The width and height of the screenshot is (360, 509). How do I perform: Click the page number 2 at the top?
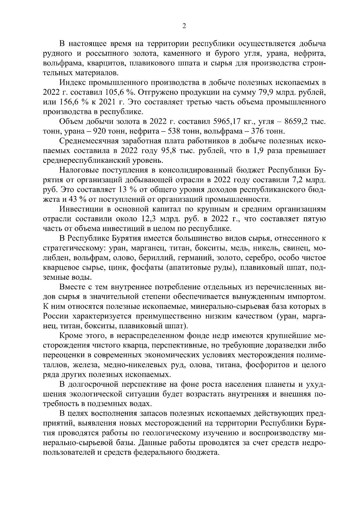click(x=184, y=26)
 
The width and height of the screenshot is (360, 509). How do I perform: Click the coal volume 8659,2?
click(x=296, y=121)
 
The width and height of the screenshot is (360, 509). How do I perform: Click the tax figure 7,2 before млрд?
click(x=298, y=180)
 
